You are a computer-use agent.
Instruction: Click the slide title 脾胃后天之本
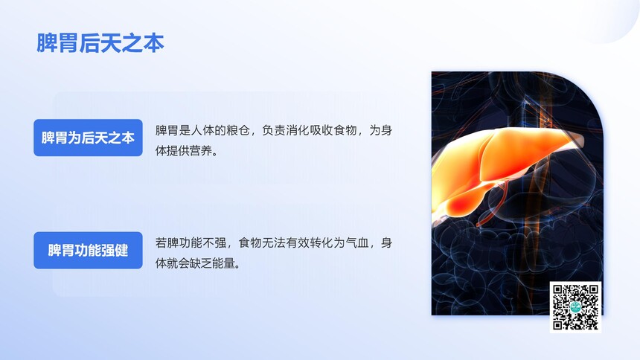pyautogui.click(x=100, y=43)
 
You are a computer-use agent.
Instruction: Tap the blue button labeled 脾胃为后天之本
pyautogui.click(x=88, y=138)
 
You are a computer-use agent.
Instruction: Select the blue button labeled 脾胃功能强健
pyautogui.click(x=88, y=250)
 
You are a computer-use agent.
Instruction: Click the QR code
pyautogui.click(x=575, y=307)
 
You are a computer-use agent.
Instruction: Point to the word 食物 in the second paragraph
pyautogui.click(x=250, y=243)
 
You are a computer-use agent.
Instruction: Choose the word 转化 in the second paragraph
pyautogui.click(x=321, y=243)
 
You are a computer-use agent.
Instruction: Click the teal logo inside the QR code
pyautogui.click(x=575, y=307)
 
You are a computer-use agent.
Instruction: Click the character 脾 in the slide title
pyautogui.click(x=47, y=43)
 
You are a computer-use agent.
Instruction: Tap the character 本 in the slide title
pyautogui.click(x=154, y=43)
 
